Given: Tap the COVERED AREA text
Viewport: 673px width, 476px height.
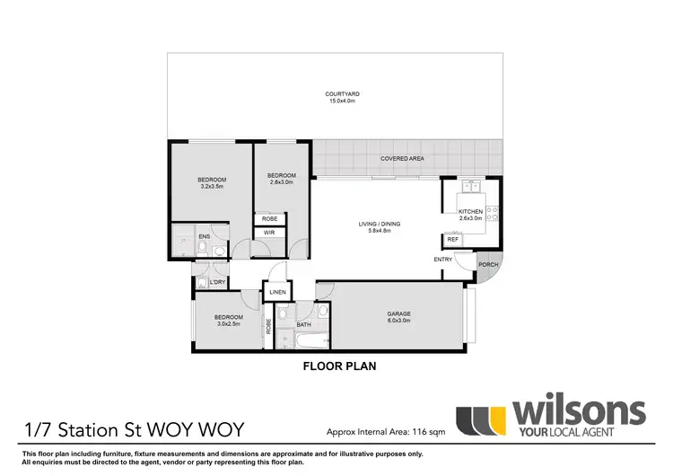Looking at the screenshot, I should tap(402, 158).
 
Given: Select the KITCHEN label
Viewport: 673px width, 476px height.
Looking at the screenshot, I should tap(470, 211).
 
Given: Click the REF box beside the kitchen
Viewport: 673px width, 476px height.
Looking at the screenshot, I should tap(452, 240).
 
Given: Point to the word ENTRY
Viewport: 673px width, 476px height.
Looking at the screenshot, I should tap(443, 260).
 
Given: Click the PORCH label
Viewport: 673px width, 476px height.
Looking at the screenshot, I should tap(488, 265).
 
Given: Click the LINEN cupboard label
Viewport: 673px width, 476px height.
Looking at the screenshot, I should tap(276, 293).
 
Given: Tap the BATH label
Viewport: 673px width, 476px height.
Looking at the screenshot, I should tap(303, 324).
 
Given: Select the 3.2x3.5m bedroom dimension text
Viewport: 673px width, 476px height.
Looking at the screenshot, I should tap(212, 186).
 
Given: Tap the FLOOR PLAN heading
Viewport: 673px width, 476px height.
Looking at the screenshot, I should tap(339, 366).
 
